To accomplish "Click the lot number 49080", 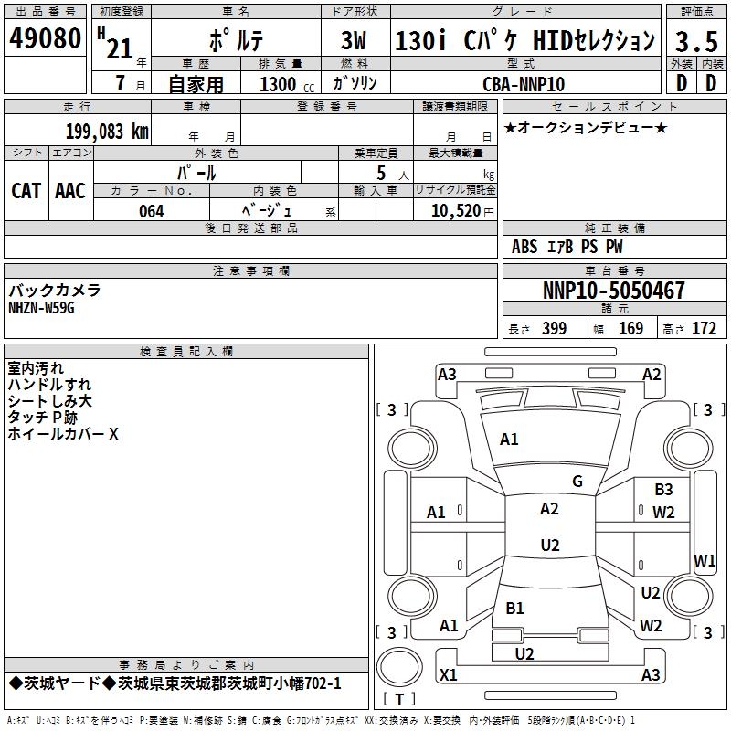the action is click(45, 37).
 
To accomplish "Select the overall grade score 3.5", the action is click(696, 41).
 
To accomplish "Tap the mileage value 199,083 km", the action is click(107, 131).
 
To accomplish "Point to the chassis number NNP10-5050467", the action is click(614, 290).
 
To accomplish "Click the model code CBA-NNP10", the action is click(524, 84).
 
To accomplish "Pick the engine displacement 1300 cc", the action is click(287, 84).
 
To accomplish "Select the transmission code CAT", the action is click(26, 191).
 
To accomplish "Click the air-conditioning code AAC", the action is click(70, 191).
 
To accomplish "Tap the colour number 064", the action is click(152, 211).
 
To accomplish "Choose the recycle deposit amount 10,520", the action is click(456, 211).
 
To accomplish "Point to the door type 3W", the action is click(354, 40).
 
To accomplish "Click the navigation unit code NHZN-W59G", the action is click(41, 308).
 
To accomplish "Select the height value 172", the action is click(704, 329).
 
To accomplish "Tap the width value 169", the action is click(630, 329).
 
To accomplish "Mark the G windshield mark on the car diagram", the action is click(577, 482).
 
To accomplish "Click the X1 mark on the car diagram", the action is click(449, 674).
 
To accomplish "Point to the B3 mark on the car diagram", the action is click(663, 490).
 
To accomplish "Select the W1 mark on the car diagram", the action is click(705, 560).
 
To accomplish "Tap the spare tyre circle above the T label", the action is click(399, 668).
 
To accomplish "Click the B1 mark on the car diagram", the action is click(514, 608).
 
